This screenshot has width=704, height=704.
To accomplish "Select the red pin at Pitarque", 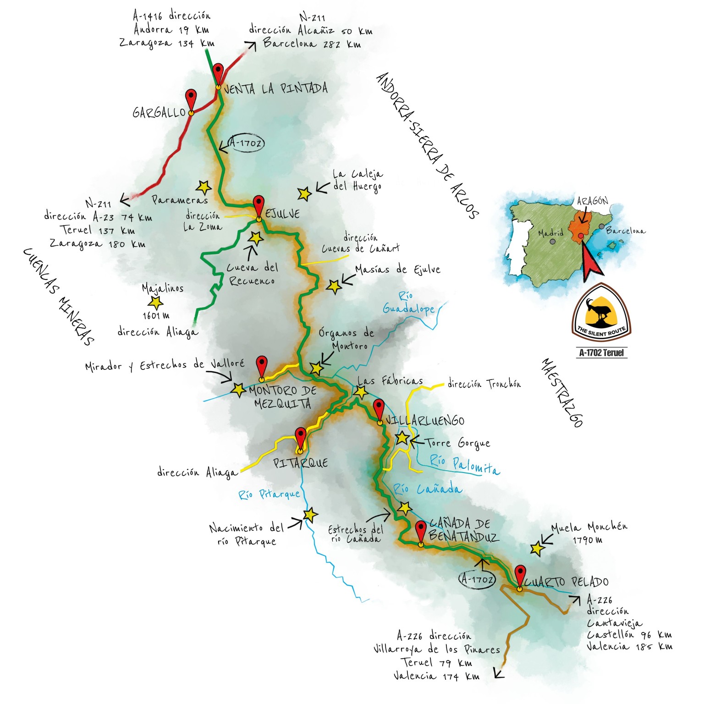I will point(300,437).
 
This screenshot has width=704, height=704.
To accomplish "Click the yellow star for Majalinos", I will point(156,302).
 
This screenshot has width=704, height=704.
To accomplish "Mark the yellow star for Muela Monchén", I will point(537,548).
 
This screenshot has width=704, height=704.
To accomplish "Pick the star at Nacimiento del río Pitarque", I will point(310,515).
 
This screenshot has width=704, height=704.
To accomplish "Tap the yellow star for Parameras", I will point(203,187).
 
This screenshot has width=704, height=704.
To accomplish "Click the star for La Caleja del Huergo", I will point(304,193).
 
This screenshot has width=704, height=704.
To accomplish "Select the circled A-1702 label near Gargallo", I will point(246,143).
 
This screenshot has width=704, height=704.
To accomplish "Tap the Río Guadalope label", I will point(408,303).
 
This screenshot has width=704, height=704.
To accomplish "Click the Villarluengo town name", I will point(425,421).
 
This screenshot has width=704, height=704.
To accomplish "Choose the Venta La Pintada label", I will point(275,88).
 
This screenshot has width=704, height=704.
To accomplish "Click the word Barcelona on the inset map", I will point(625,231).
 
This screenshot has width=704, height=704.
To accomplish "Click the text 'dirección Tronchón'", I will point(484,384).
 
